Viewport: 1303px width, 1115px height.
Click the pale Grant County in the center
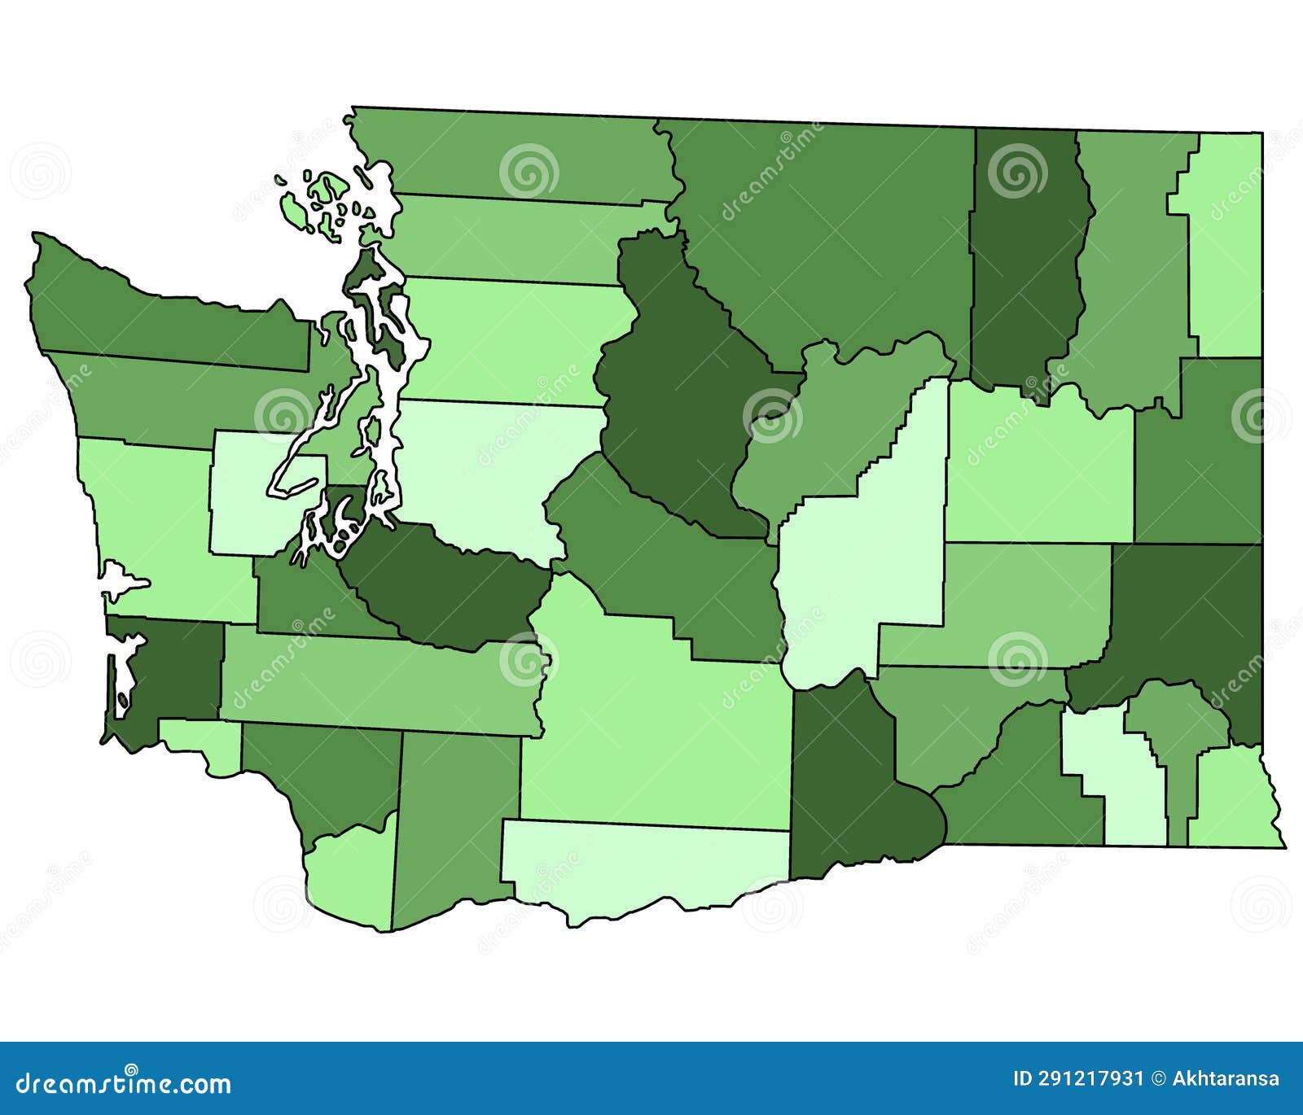863,553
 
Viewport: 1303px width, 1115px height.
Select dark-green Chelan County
676,391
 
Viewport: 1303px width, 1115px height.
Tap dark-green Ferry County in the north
1026,260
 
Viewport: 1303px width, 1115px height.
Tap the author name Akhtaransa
1226,1079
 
